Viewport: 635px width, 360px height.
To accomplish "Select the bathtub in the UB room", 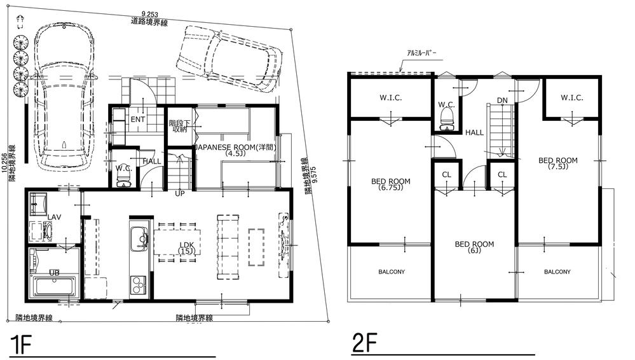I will (x=54, y=284).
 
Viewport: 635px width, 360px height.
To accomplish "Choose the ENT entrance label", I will (x=138, y=120).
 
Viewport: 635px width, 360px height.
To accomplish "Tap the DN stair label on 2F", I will (x=502, y=100).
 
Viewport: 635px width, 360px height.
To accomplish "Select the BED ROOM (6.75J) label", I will (x=390, y=184).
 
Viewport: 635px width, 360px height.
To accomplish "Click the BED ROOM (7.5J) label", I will (x=557, y=164).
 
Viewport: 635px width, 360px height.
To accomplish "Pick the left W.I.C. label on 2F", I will (x=390, y=98).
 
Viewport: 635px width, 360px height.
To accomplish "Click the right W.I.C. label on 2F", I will (x=571, y=98).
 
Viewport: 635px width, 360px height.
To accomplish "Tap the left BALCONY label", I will (x=391, y=272).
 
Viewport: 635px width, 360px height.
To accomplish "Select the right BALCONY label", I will (x=557, y=272).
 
